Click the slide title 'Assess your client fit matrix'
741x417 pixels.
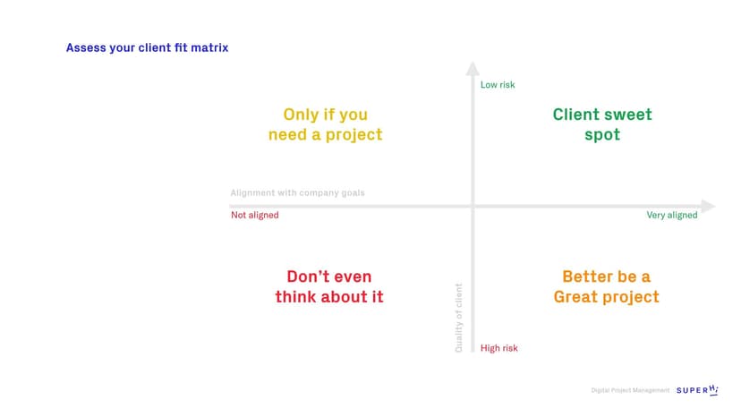coord(147,47)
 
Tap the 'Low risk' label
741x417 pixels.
coord(498,85)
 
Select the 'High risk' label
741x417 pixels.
coord(498,348)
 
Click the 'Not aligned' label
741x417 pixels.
coord(254,215)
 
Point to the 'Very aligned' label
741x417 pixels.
coord(671,215)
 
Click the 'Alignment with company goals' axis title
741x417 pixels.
coord(297,192)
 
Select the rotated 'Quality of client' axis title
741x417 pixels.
coord(459,318)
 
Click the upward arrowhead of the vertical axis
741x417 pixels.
coord(473,68)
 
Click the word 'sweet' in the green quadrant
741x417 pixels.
coord(626,115)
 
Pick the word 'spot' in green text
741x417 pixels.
coord(602,135)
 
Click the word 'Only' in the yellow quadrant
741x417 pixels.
coord(301,115)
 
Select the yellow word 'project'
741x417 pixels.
coord(351,135)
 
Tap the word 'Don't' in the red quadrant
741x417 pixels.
coord(309,277)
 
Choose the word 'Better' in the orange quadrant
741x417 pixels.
coord(588,277)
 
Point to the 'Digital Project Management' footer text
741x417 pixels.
coord(630,390)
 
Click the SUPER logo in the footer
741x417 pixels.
coord(697,390)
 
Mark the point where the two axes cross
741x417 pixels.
coord(473,206)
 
